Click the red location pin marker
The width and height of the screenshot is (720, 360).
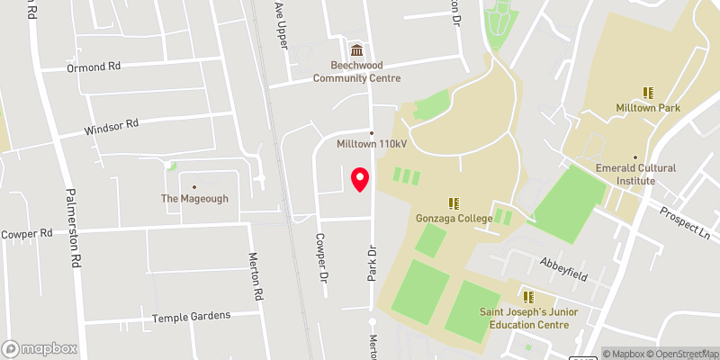pos(361,179)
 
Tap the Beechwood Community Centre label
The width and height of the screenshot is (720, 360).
pos(357,71)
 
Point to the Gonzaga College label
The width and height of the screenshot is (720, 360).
pos(454,218)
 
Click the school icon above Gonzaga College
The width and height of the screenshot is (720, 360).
pos(454,202)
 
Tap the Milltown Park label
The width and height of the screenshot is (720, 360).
pos(648,108)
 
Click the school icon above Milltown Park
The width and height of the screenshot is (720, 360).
pos(648,92)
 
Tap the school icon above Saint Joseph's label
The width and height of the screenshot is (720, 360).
pos(528,297)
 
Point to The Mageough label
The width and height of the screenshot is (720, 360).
pos(194,198)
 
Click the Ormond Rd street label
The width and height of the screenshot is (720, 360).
pos(94,67)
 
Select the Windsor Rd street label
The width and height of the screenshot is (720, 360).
pos(112,128)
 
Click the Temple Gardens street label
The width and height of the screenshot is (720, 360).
pos(191,316)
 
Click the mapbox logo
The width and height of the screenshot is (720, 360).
pos(40,348)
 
